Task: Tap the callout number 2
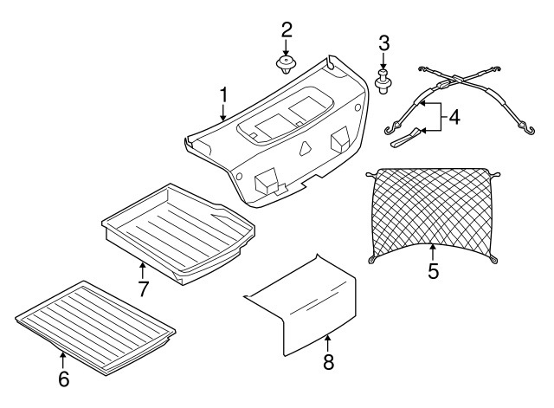coord(287,29)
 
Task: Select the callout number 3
coord(384,43)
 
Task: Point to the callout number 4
coord(454,118)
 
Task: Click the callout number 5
coord(433,271)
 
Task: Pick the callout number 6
coord(63,379)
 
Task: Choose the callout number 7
coord(143,288)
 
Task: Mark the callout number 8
coord(328,362)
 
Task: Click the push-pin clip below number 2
coord(286,65)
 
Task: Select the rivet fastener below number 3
coord(383,82)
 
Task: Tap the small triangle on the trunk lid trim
coord(305,148)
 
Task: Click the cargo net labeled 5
coord(433,214)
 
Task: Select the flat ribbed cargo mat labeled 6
coord(95,327)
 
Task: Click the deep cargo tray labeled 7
coord(178,233)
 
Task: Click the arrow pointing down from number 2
coord(286,49)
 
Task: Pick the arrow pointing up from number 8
coord(328,344)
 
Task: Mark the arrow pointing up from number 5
coord(433,254)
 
